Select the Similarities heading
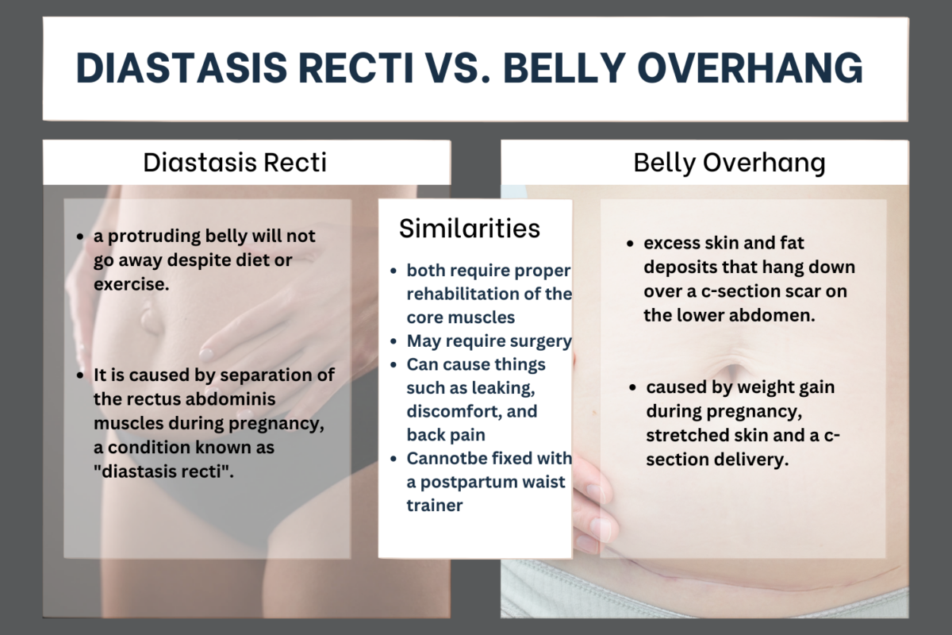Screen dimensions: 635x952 [469, 228]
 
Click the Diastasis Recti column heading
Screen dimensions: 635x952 [235, 163]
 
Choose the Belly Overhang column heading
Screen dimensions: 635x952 [729, 163]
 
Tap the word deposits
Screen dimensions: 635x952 [675, 267]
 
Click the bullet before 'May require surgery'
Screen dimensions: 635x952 [395, 342]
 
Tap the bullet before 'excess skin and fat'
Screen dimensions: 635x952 [629, 244]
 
